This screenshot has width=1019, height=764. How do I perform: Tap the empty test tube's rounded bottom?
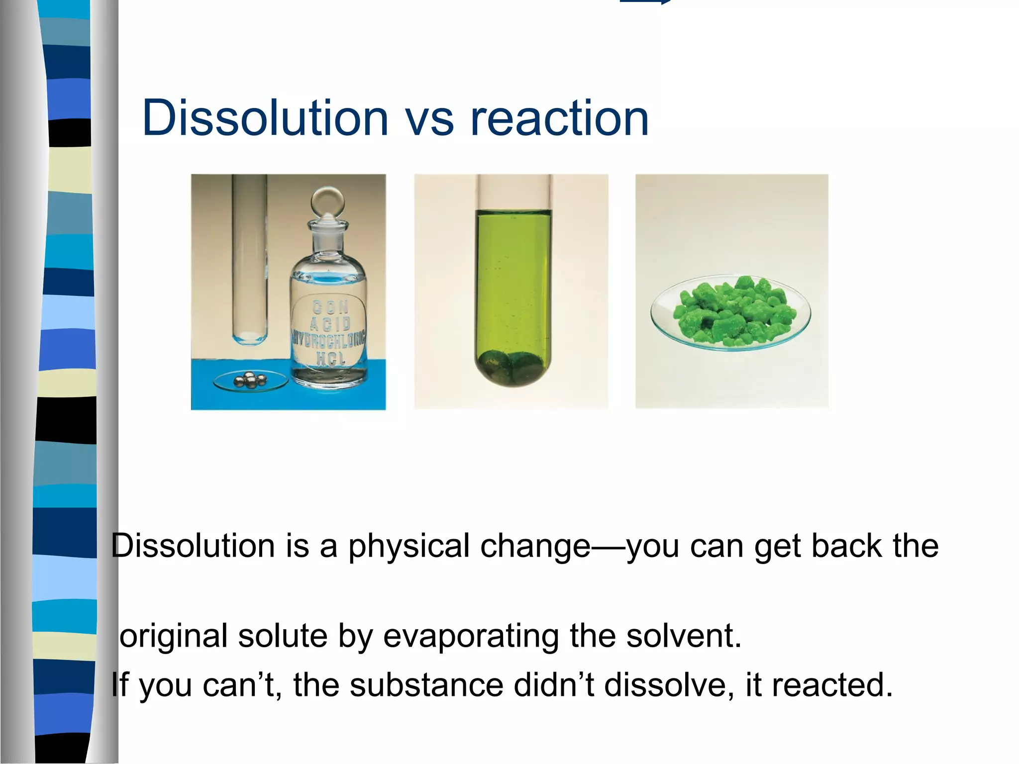tap(250, 338)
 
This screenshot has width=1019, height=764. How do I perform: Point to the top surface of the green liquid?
tap(513, 213)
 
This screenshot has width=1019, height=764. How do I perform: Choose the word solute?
tap(283, 636)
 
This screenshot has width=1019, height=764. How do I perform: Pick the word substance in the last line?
tap(427, 685)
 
